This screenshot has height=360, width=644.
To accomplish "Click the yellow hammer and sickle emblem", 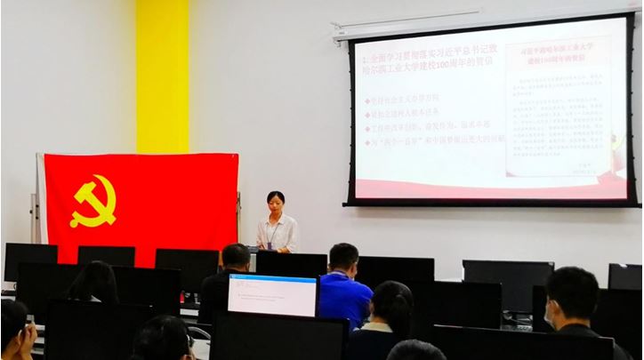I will pos(93,201).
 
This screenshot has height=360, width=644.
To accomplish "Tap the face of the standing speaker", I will pos(276,204).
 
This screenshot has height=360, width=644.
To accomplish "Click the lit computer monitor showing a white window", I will pos(272,295).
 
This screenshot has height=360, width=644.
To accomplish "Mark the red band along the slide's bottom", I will pos(489,188).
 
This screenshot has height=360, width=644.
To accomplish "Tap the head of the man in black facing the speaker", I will pos(236,257).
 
